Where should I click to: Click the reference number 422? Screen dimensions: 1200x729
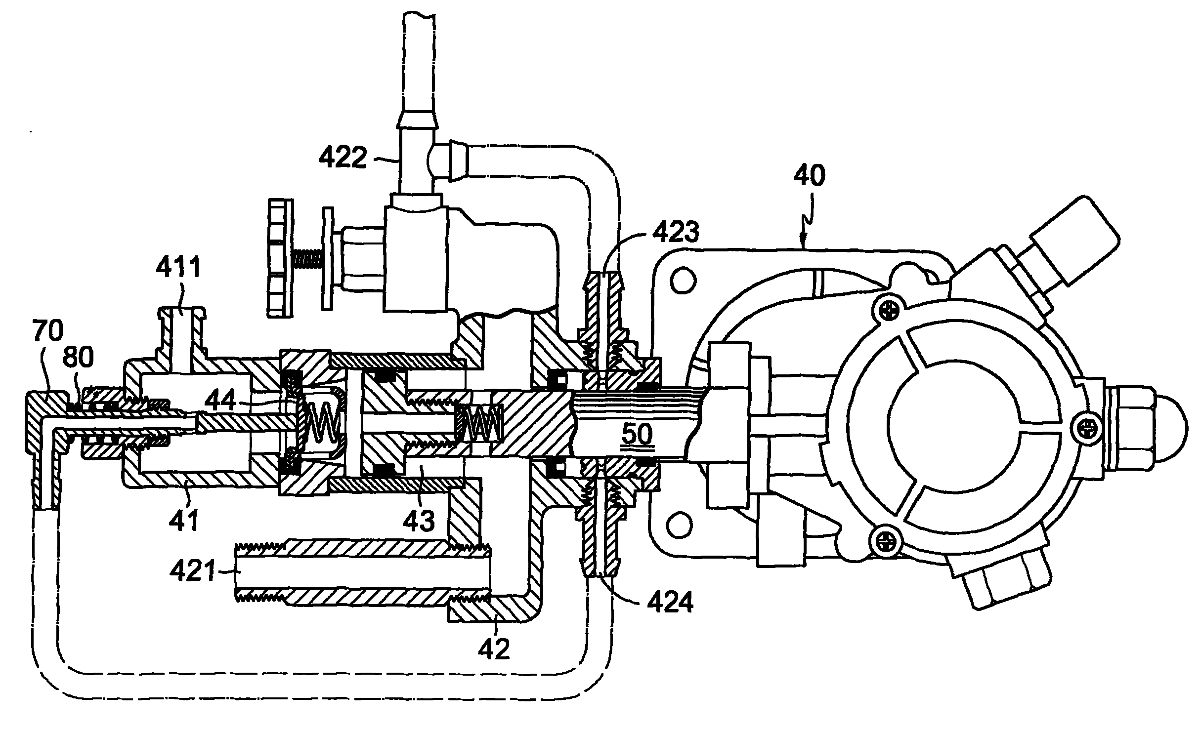[x=343, y=157]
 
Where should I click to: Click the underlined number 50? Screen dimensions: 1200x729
[x=637, y=435]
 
